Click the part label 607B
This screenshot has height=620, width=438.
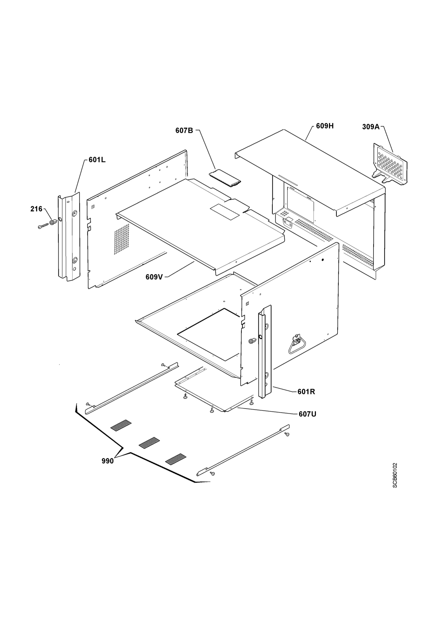[184, 130]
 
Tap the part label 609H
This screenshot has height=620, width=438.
[325, 126]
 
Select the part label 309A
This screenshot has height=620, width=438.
[371, 127]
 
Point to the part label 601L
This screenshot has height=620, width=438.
[97, 160]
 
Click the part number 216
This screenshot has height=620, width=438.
[36, 209]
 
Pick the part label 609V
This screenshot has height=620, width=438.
[154, 277]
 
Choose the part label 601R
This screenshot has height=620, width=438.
[306, 392]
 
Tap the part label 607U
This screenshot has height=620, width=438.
[307, 414]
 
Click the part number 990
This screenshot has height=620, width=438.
[108, 461]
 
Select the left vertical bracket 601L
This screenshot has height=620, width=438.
[69, 236]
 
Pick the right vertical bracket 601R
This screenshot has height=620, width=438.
[265, 352]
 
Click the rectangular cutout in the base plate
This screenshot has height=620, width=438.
[209, 335]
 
